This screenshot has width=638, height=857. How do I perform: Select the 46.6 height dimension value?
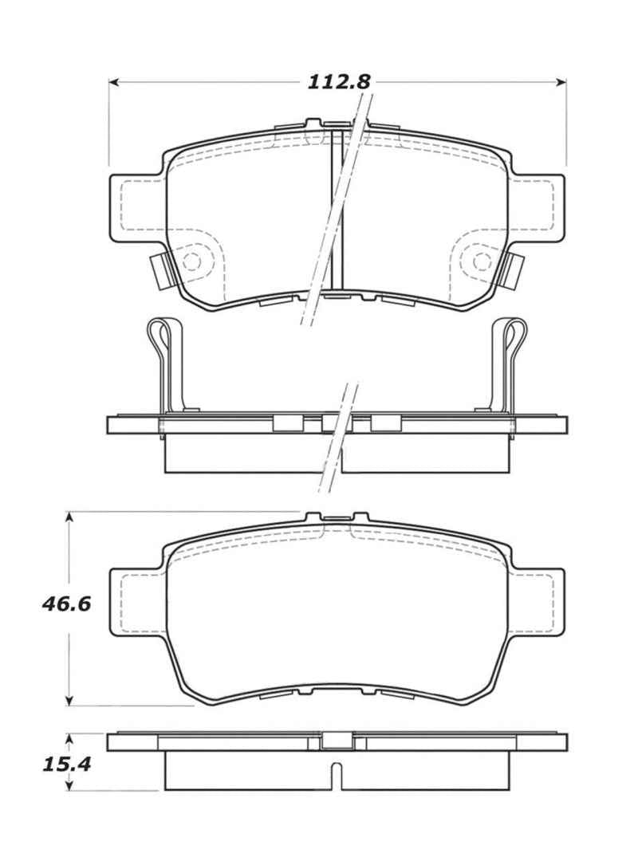click(x=66, y=603)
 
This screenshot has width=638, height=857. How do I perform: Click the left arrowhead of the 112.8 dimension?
click(x=114, y=81)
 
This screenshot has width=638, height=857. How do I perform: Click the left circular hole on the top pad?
click(x=192, y=261)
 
